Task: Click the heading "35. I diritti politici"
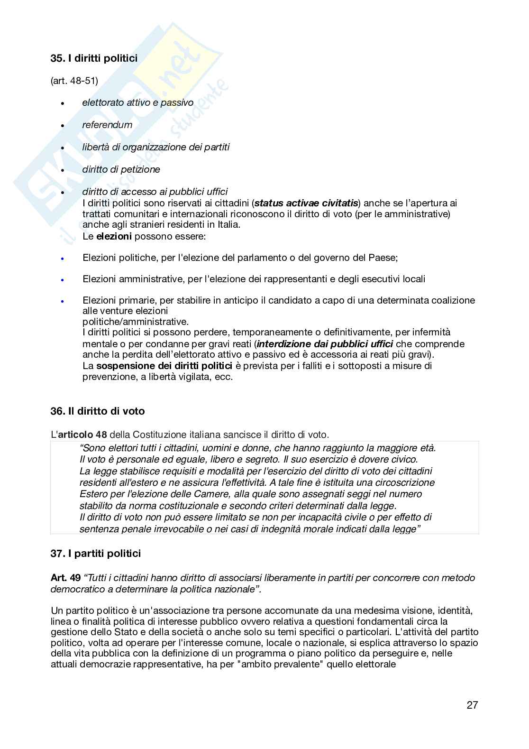tap(94, 58)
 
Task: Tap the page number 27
tap(472, 705)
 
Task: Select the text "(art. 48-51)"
tap(74, 81)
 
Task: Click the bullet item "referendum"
tap(107, 125)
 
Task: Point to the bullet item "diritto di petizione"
tap(121, 169)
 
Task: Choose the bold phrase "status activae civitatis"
tap(306, 203)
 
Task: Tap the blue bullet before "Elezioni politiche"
tap(62, 259)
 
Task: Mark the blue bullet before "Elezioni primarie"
tap(62, 301)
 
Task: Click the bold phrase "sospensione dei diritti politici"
tap(164, 366)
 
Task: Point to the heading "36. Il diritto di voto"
tap(98, 411)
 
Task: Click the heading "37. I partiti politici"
tap(96, 554)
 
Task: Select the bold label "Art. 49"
tap(66, 578)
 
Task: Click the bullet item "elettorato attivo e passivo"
tap(137, 102)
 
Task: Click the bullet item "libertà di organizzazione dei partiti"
tap(155, 147)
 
